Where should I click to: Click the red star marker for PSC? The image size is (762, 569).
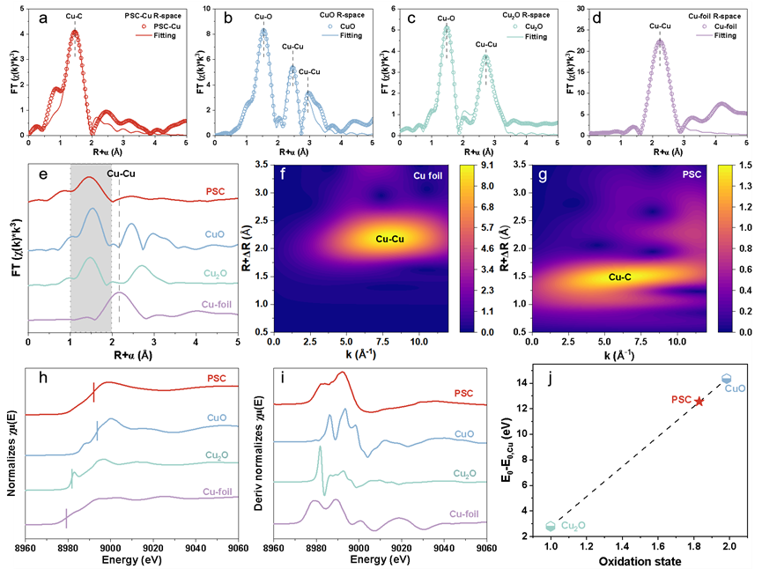(x=699, y=401)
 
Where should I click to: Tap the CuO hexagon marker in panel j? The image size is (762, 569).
(x=727, y=379)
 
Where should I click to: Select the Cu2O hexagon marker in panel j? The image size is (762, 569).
(x=551, y=526)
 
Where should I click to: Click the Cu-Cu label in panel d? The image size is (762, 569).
(x=659, y=26)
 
